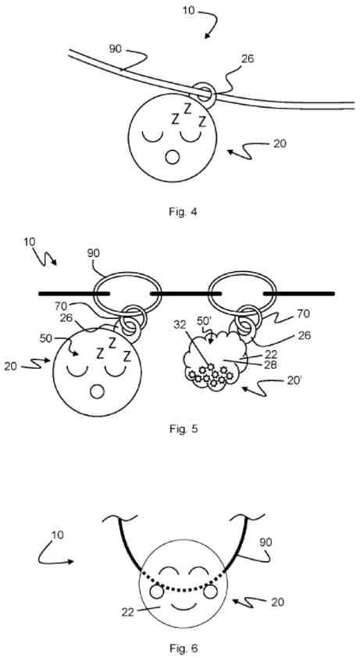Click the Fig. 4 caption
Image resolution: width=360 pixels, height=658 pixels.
point(183,212)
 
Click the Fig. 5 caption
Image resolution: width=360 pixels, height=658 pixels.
point(184,429)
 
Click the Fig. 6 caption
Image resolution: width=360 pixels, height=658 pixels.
point(184,648)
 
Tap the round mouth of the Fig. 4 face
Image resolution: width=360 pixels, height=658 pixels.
point(172,157)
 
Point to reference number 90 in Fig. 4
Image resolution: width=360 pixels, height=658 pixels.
point(116,49)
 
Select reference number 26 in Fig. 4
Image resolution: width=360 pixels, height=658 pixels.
point(248,59)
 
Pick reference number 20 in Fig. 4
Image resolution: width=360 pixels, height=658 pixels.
point(280,144)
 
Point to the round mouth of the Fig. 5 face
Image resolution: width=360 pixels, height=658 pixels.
point(98,392)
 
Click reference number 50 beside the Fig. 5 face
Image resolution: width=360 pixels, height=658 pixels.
point(47,338)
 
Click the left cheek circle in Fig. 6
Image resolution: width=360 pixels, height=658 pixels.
point(156,592)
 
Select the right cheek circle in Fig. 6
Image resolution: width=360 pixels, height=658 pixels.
point(210,592)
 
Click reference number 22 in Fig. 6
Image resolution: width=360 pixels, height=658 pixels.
point(127,612)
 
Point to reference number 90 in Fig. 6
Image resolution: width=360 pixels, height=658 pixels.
point(266,542)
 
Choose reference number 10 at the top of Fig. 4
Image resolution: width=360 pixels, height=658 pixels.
point(189,9)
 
